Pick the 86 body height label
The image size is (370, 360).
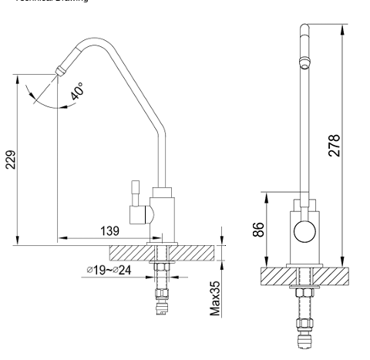coord(259,229)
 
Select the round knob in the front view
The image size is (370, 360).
coord(303,230)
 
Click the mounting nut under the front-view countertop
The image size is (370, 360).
coord(302,292)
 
